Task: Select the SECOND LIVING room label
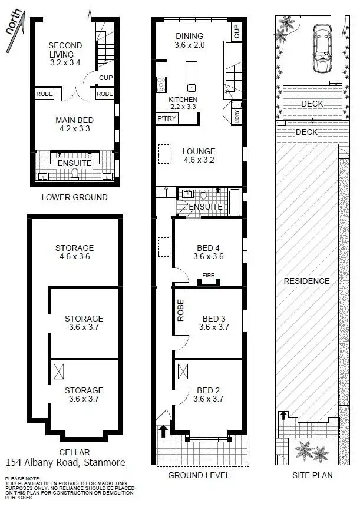(x=65, y=50)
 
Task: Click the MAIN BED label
(x=74, y=120)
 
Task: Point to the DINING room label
(x=189, y=36)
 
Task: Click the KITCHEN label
(x=183, y=100)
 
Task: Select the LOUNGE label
(x=199, y=151)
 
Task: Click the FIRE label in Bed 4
(x=208, y=274)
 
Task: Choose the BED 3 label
(x=213, y=319)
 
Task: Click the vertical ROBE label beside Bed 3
(x=180, y=310)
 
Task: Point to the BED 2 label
(x=209, y=390)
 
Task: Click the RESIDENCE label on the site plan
(x=306, y=281)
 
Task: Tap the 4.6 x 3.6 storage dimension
(x=74, y=256)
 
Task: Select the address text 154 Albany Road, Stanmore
(x=65, y=463)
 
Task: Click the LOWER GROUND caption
(x=74, y=197)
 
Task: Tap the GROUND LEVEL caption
(x=199, y=475)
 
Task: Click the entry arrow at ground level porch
(x=161, y=432)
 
